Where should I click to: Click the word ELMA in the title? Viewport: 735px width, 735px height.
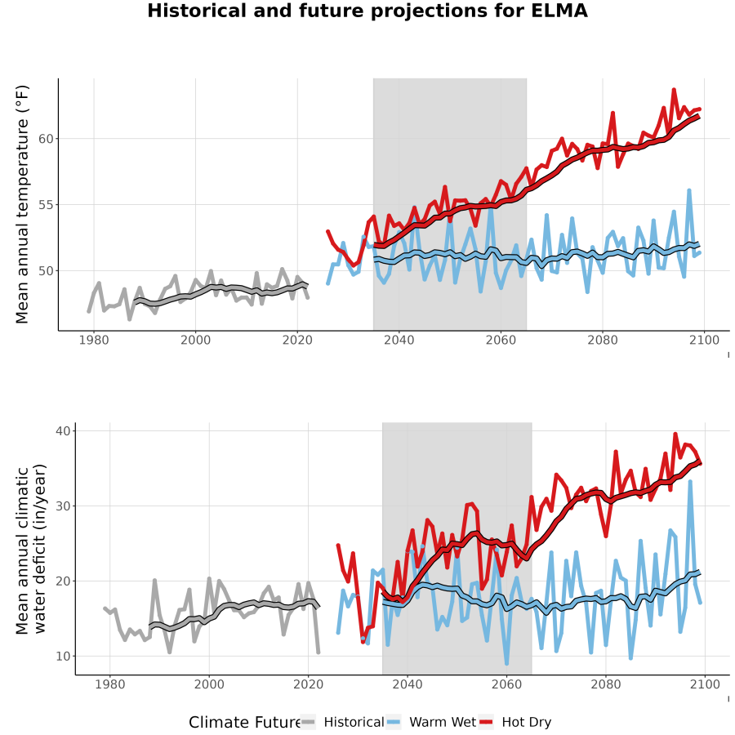[x=559, y=11]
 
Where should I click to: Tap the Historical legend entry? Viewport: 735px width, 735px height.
[x=342, y=722]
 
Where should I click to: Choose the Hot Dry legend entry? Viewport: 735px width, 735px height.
[x=514, y=722]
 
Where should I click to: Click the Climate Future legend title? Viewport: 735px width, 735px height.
[x=245, y=723]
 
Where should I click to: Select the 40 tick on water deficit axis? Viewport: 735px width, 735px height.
[x=63, y=430]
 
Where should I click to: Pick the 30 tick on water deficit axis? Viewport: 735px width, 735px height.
[x=63, y=506]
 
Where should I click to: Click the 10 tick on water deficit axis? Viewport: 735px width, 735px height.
[x=63, y=657]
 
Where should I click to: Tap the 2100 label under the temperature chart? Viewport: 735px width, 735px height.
[x=704, y=340]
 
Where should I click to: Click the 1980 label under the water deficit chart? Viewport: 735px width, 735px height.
[x=110, y=684]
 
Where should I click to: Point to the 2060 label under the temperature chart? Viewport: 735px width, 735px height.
[x=501, y=340]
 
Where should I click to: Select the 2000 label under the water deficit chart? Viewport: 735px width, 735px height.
[x=209, y=684]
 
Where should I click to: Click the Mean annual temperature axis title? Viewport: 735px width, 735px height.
[x=22, y=204]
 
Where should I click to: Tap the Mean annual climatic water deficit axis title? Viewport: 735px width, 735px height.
[x=31, y=549]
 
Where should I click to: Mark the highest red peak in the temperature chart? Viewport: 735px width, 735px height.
[x=674, y=89]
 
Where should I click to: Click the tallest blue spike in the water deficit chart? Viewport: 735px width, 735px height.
[x=690, y=481]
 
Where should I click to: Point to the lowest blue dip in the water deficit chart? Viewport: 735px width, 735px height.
[x=506, y=663]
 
